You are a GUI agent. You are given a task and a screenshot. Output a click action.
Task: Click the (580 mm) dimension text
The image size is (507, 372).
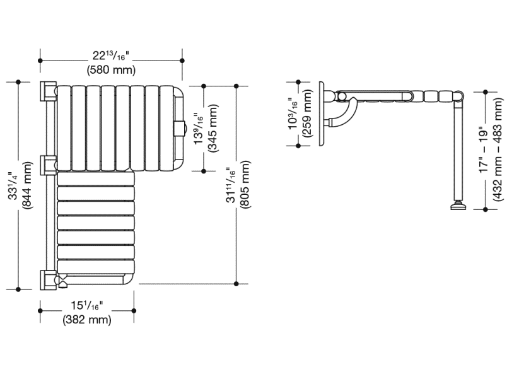tap(111, 69)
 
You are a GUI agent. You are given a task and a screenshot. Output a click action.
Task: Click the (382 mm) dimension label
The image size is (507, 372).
tap(87, 320)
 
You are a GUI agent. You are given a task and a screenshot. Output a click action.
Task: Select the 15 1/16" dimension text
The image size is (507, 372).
tap(87, 306)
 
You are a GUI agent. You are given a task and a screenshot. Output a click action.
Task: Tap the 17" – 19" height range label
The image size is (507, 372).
tap(484, 150)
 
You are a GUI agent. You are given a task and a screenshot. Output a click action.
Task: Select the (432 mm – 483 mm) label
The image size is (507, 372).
tap(499, 150)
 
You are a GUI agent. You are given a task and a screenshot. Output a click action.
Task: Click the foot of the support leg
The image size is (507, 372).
tap(457, 205)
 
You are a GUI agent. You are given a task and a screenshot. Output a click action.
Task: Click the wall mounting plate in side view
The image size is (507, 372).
tap(322, 114)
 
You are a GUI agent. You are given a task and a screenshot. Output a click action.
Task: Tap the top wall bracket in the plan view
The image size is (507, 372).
tap(47, 91)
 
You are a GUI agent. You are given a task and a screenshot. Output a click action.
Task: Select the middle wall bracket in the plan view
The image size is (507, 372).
tap(47, 165)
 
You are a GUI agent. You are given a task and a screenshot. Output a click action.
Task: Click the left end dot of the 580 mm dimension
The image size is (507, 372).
tap(41, 61)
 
